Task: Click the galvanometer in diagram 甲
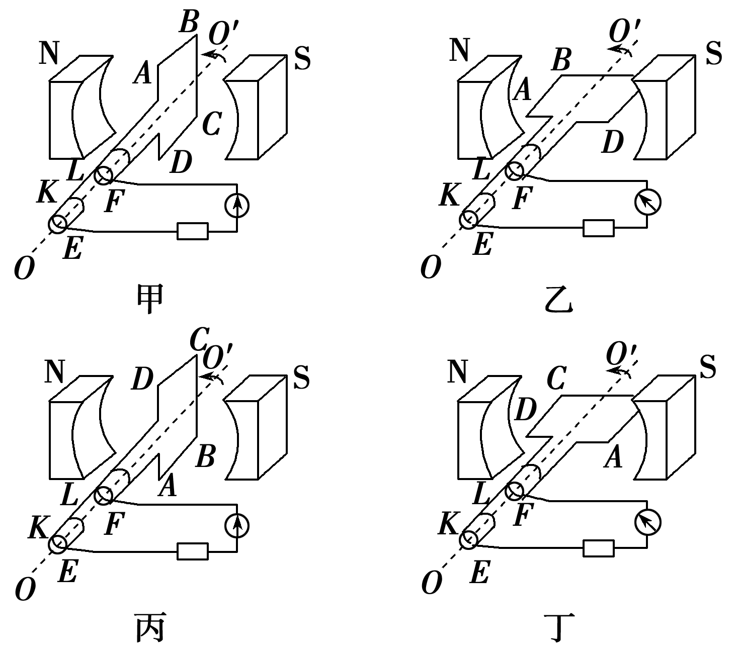click(x=236, y=206)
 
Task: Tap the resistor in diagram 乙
click(x=598, y=228)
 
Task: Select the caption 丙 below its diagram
click(x=150, y=628)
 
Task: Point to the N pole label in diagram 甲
click(x=49, y=53)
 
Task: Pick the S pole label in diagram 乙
click(x=713, y=53)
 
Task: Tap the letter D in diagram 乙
click(x=612, y=142)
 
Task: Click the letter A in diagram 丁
click(x=613, y=458)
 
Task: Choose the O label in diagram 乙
click(x=431, y=267)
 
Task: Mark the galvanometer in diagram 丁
click(x=647, y=522)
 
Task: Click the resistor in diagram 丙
click(x=192, y=551)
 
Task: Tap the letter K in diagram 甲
click(x=47, y=193)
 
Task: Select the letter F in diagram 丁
click(x=523, y=515)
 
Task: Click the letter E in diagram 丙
click(x=67, y=572)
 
